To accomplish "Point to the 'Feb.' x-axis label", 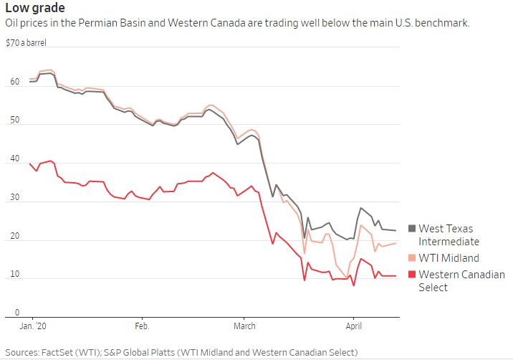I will (x=142, y=326).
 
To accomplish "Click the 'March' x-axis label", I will (x=244, y=326).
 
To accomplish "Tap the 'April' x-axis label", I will (x=353, y=326).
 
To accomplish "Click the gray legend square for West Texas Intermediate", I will (x=412, y=229).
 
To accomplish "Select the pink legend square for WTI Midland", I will (x=412, y=257).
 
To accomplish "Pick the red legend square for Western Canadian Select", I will (x=412, y=275).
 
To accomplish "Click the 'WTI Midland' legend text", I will (x=449, y=257).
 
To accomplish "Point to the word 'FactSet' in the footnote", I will (x=67, y=352).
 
